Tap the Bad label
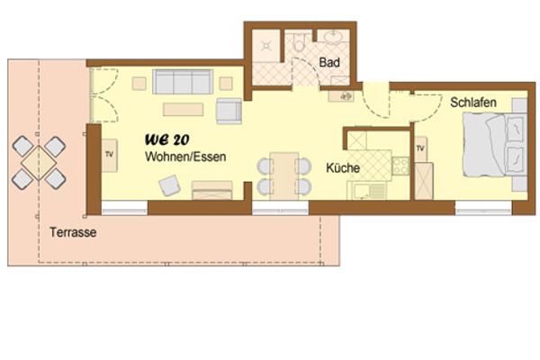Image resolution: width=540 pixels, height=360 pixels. (x=329, y=63)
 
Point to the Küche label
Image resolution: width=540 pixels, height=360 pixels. (x=344, y=168)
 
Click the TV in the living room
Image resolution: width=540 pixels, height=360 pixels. (x=110, y=155)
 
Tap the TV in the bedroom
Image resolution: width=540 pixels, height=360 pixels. (x=420, y=147)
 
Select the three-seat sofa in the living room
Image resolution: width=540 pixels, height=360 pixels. (x=182, y=84)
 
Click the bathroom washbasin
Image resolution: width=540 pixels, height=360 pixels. (x=333, y=39)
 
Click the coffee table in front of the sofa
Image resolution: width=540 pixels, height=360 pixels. (x=184, y=109)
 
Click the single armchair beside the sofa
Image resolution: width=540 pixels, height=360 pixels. (x=229, y=111)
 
